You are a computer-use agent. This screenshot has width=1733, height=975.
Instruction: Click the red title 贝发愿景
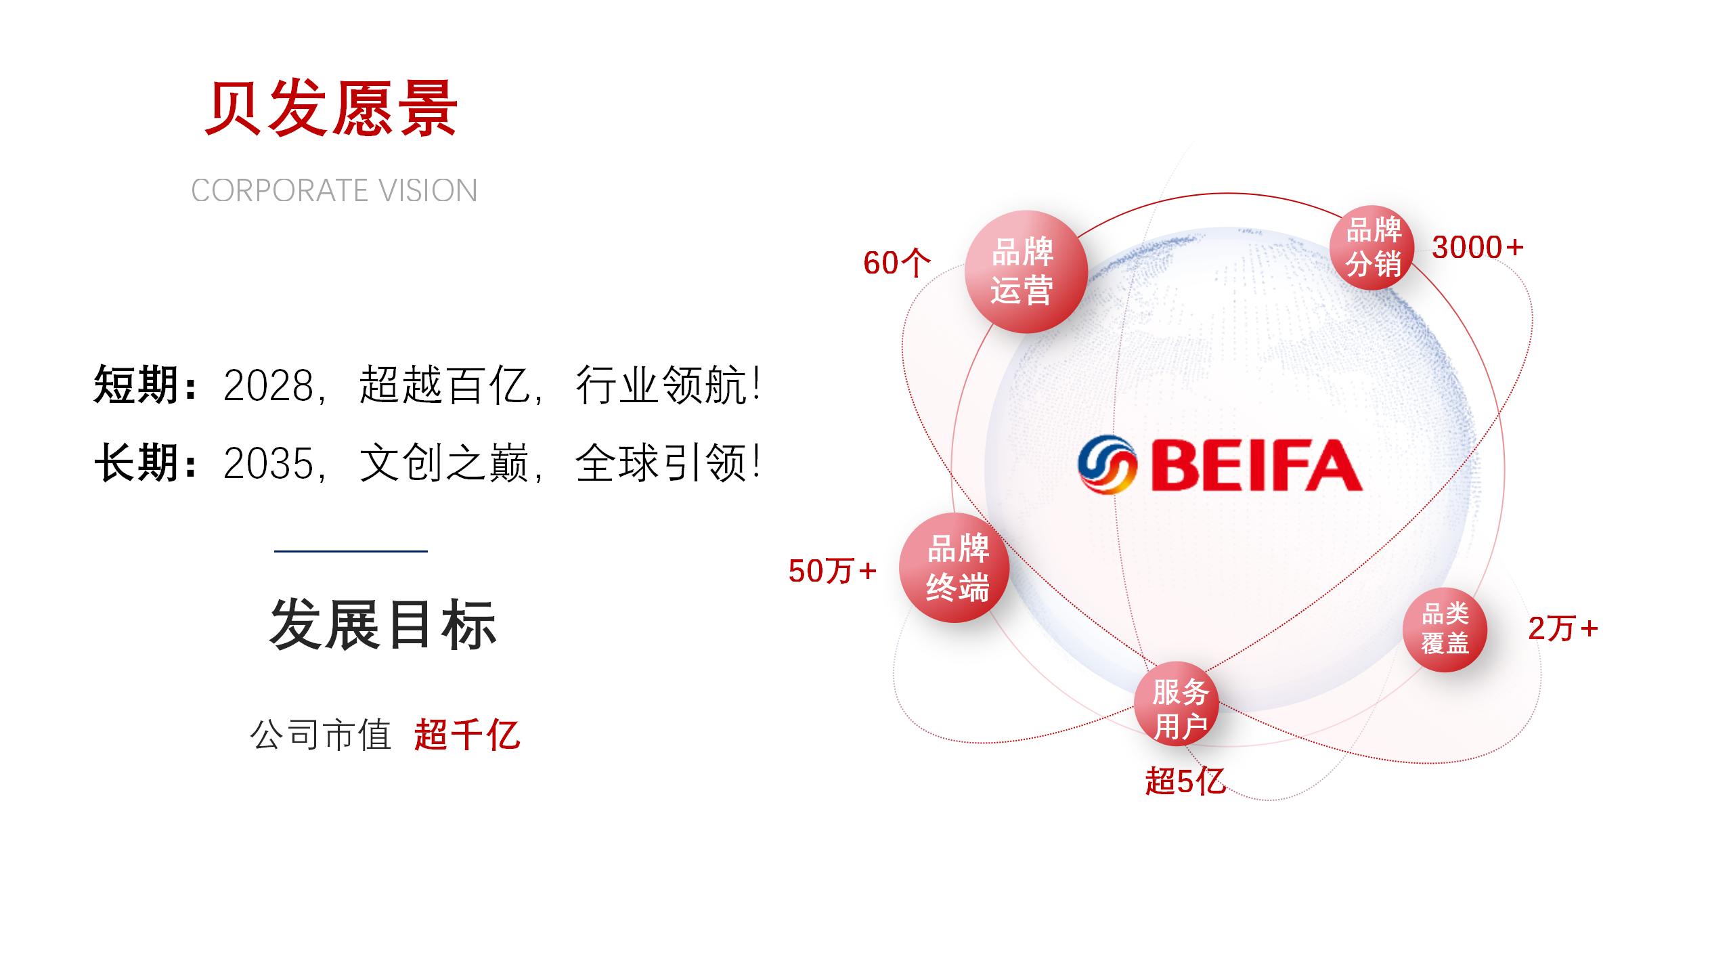point(331,109)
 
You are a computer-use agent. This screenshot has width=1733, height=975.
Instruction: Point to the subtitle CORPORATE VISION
point(334,191)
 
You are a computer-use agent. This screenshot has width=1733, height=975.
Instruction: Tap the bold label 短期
point(136,385)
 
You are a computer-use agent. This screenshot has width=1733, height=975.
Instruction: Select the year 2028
point(269,386)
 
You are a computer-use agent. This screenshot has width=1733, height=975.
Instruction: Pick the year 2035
point(269,464)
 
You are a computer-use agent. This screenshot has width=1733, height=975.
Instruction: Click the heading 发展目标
point(383,625)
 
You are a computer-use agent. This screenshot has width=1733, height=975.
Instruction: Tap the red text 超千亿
point(467,734)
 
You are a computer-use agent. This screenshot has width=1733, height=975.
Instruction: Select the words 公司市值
point(321,734)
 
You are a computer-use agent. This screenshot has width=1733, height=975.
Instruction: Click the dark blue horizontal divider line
point(351,551)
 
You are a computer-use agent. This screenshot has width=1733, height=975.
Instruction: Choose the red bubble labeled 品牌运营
point(1026,272)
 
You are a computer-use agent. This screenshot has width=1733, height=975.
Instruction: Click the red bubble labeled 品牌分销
point(1372,247)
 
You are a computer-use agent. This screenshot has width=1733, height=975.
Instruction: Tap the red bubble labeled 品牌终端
point(955,567)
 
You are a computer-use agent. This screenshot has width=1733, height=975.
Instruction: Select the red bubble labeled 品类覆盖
point(1445,629)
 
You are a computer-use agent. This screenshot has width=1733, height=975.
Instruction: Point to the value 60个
point(897,263)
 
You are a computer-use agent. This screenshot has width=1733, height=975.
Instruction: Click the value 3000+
point(1478,247)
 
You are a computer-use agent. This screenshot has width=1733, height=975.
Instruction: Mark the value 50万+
point(833,571)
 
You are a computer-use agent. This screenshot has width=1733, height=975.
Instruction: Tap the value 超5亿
point(1185,781)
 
